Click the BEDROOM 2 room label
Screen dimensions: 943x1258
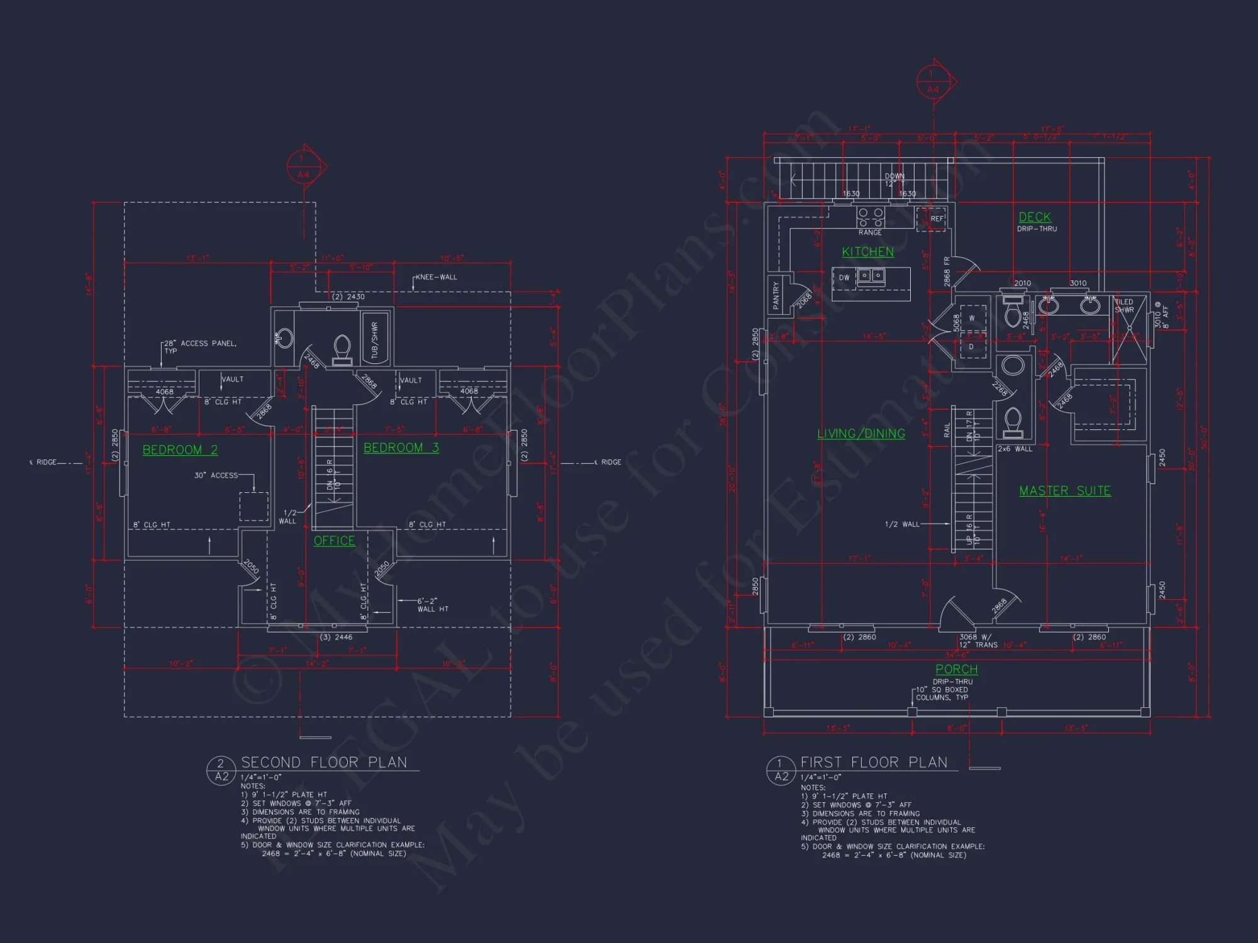[x=180, y=450]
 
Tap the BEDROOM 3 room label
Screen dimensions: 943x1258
[x=401, y=448]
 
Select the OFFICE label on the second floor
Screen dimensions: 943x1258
[x=334, y=541]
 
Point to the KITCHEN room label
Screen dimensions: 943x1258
[x=867, y=252]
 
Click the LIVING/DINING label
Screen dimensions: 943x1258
[x=860, y=434]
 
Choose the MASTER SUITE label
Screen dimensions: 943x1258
[x=1064, y=491]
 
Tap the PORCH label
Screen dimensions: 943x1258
[x=956, y=670]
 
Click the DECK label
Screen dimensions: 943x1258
[x=1034, y=218]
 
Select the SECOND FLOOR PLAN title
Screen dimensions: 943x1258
[x=324, y=763]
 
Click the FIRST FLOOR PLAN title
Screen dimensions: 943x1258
[x=874, y=763]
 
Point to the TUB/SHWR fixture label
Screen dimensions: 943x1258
[x=375, y=340]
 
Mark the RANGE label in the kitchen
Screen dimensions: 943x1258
[x=870, y=233]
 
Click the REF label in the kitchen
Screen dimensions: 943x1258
[x=937, y=219]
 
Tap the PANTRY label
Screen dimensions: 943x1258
[x=776, y=295]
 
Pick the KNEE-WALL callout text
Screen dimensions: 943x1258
[x=436, y=277]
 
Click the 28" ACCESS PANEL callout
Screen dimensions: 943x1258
[x=200, y=346]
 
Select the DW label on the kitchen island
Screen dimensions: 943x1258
[x=843, y=277]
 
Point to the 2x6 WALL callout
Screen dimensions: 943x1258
[x=1015, y=449]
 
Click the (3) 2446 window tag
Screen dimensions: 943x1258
[x=336, y=637]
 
